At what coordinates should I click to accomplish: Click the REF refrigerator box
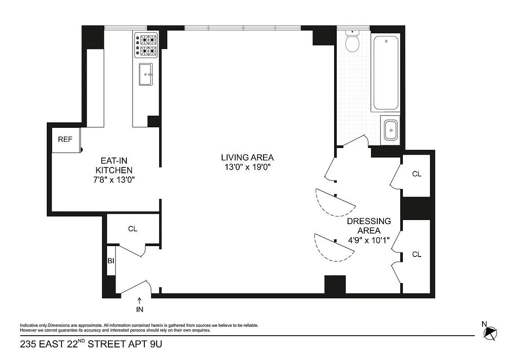(66, 139)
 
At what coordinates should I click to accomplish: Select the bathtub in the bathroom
(386, 73)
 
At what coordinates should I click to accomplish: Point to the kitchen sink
(146, 74)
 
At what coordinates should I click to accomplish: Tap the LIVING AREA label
(247, 157)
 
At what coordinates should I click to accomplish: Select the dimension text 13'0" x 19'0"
(247, 167)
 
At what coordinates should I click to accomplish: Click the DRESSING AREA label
(369, 226)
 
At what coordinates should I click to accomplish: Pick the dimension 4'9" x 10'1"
(369, 240)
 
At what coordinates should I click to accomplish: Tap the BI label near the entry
(111, 261)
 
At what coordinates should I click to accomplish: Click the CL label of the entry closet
(132, 229)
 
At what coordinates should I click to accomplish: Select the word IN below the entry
(139, 310)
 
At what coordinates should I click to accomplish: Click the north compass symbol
(489, 332)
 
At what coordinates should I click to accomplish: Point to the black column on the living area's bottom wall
(335, 284)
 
